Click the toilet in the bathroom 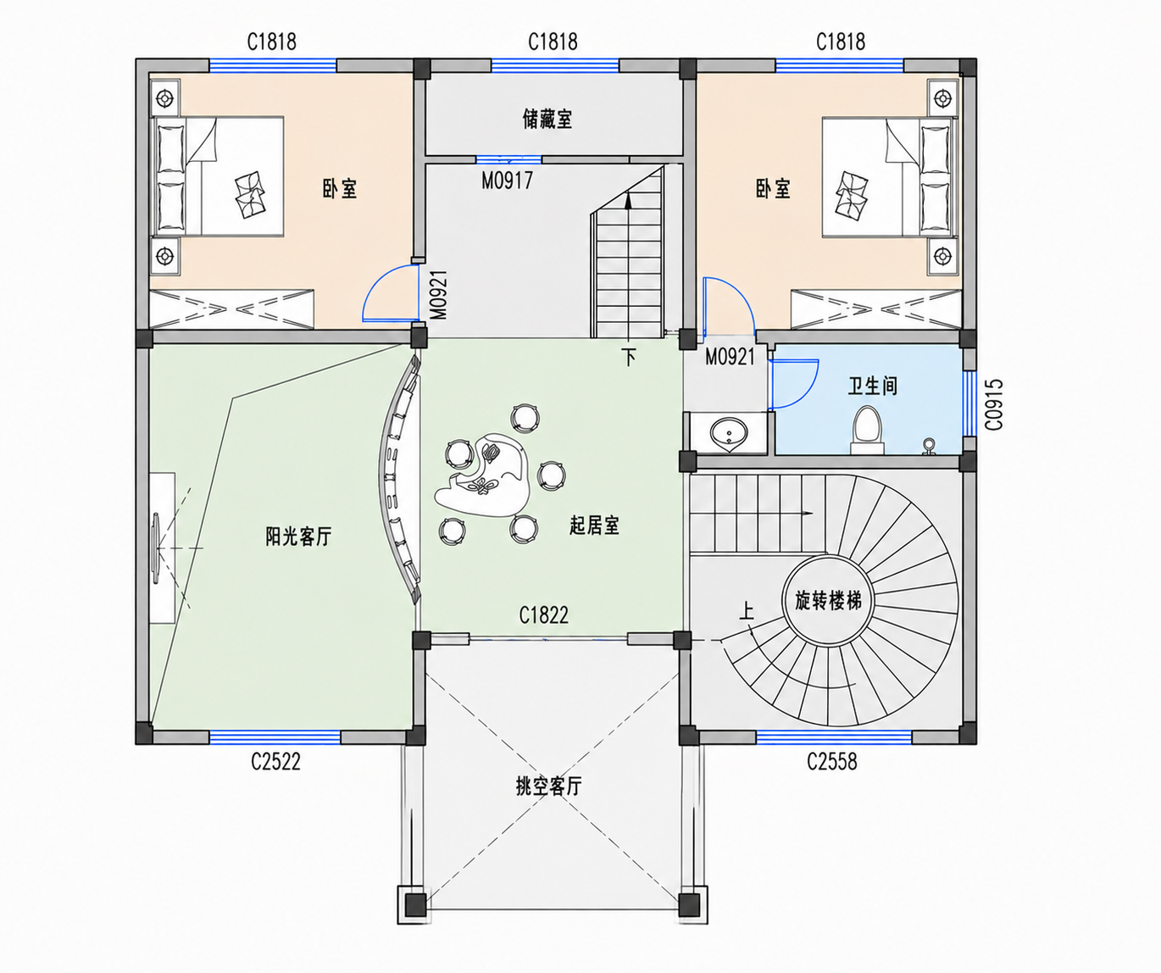[x=868, y=431]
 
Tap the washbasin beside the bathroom [x=729, y=432]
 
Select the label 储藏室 [x=547, y=119]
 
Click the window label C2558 [x=832, y=761]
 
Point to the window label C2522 [x=275, y=761]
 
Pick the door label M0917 [x=507, y=181]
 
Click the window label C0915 [x=994, y=404]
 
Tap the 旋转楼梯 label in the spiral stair [x=828, y=601]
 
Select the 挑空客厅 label [x=549, y=787]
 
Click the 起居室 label [x=594, y=525]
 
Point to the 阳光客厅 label [x=298, y=537]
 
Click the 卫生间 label [x=873, y=386]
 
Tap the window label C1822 [x=544, y=615]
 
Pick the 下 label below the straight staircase [x=629, y=357]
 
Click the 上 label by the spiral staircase [x=747, y=612]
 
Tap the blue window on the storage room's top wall [x=555, y=65]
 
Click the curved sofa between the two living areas [x=399, y=479]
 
